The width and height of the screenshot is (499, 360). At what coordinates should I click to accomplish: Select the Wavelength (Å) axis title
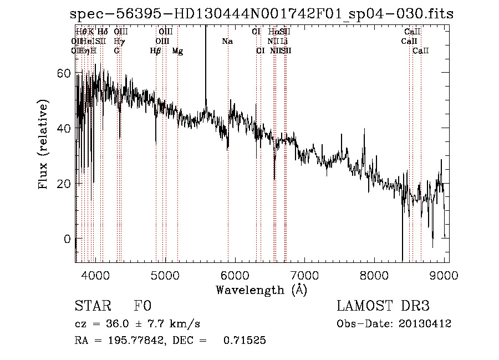261,290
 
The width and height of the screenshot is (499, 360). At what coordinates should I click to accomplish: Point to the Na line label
227,42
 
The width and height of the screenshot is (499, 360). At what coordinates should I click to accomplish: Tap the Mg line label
177,51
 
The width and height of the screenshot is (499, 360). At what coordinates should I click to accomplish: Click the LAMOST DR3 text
383,306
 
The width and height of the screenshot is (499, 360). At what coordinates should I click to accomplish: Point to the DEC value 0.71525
245,341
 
